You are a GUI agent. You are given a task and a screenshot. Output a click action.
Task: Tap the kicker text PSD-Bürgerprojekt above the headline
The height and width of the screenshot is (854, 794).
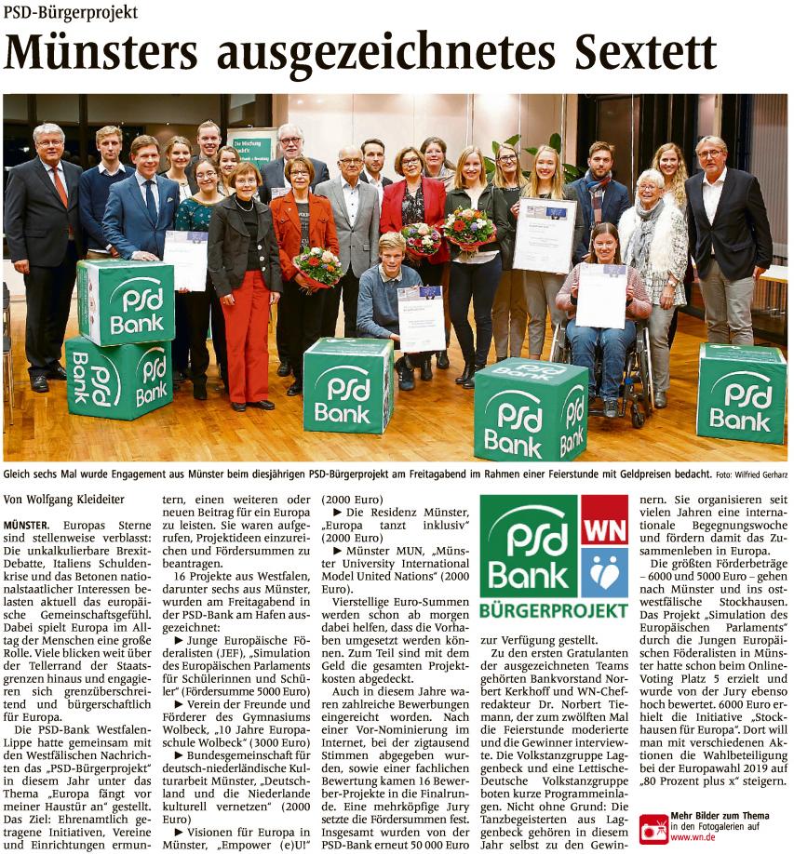click(71, 13)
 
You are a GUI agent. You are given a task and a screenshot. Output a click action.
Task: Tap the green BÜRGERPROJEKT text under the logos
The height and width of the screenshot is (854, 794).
click(554, 611)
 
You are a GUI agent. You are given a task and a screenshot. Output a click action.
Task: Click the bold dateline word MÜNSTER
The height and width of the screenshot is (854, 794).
click(28, 527)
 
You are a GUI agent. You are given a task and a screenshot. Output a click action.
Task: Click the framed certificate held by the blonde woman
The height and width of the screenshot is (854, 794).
click(544, 234)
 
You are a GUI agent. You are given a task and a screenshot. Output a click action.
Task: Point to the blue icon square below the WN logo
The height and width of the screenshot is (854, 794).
click(604, 572)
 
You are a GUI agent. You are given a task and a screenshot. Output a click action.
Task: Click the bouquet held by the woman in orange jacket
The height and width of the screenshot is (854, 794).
click(318, 266)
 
